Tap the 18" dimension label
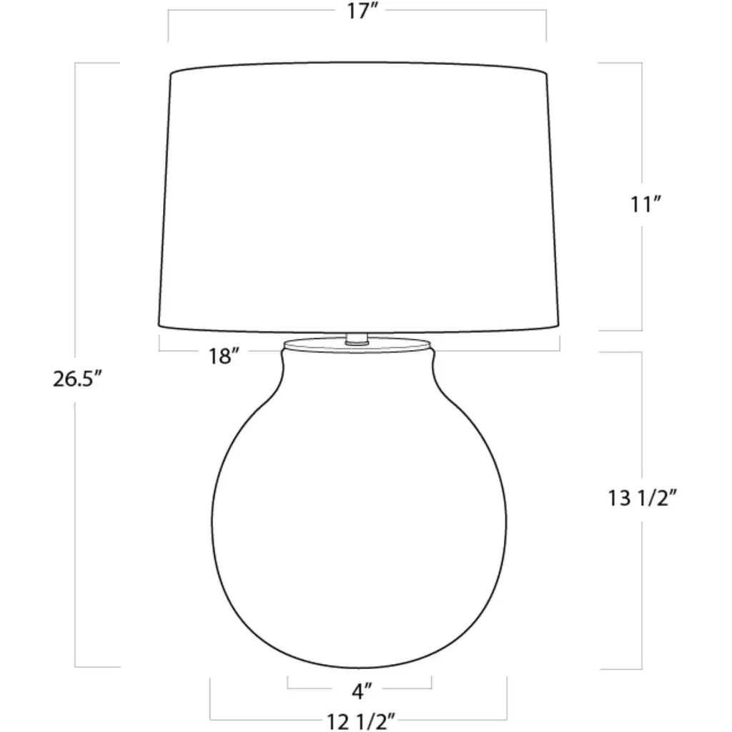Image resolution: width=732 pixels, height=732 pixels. [224, 357]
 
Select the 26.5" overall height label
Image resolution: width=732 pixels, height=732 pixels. [77, 379]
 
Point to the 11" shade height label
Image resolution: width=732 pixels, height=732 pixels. [646, 204]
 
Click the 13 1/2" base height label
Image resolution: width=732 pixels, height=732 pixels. [642, 498]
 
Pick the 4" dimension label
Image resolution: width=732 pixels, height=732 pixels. [362, 691]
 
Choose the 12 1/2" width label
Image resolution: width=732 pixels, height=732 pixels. [361, 722]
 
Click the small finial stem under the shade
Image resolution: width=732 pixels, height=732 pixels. [357, 339]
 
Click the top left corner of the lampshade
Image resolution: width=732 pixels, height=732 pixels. [171, 74]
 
